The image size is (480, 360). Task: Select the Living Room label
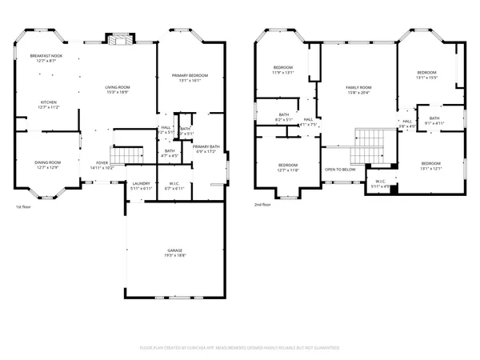click(x=118, y=90)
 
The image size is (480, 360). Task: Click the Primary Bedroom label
click(x=190, y=78)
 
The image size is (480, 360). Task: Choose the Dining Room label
click(x=46, y=165)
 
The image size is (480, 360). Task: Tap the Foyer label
click(x=102, y=165)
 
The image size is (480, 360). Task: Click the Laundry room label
click(x=140, y=186)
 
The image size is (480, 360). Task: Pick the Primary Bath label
click(x=206, y=149)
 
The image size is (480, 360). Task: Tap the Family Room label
click(x=358, y=89)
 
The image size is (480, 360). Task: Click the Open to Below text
click(x=340, y=170)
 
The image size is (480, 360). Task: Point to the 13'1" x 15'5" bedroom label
click(x=426, y=75)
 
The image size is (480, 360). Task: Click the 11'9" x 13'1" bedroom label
click(x=283, y=70)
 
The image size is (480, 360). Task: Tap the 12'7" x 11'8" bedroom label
click(x=288, y=168)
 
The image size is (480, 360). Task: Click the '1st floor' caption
click(x=24, y=208)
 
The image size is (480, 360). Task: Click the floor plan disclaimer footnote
click(x=240, y=348)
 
